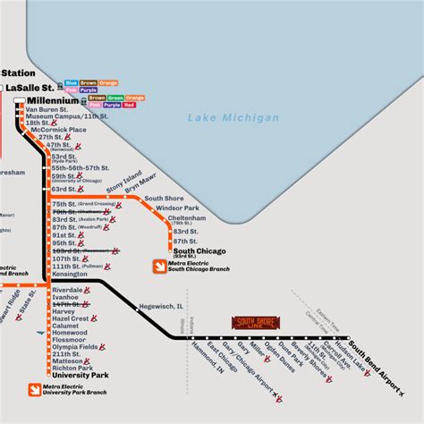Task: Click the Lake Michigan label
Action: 227,118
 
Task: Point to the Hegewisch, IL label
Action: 160,306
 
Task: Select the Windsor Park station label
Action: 177,208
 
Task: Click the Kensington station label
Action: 71,274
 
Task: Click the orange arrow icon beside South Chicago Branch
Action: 159,266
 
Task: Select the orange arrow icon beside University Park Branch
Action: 34,390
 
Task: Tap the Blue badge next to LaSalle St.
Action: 71,83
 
